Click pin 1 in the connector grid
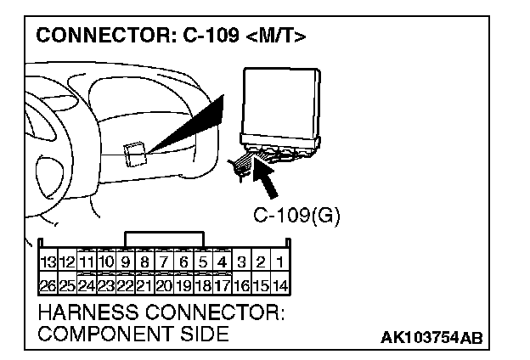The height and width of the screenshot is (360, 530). [x=280, y=263]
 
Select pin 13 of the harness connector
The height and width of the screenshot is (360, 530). [x=48, y=263]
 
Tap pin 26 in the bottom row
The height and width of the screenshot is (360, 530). [x=48, y=286]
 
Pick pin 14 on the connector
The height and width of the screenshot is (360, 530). [x=280, y=286]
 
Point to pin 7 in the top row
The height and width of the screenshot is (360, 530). [x=164, y=263]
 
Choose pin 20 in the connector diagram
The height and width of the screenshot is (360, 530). [x=164, y=286]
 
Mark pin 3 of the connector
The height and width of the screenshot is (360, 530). [x=242, y=263]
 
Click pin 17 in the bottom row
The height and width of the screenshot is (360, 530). [x=223, y=286]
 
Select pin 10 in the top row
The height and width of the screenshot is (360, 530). [x=106, y=263]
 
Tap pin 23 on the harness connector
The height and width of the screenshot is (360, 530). [x=106, y=286]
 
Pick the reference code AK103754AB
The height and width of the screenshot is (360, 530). [x=431, y=338]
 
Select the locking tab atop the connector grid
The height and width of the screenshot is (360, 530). [x=164, y=239]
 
